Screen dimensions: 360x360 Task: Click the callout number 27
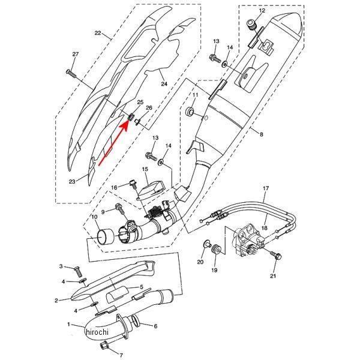point(76,55)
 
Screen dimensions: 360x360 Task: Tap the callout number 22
point(98,33)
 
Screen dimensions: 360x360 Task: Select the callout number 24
point(164,84)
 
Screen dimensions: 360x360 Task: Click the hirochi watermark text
point(97,332)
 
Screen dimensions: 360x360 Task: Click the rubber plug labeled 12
point(251,25)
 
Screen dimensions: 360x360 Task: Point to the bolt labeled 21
point(276,256)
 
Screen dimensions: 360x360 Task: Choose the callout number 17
point(266,188)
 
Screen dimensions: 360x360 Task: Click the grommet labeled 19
point(216,250)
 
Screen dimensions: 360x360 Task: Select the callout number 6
point(155,326)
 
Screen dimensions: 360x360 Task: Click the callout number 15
point(145,169)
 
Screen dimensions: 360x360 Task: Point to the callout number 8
point(261,134)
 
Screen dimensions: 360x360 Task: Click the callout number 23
point(72,182)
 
